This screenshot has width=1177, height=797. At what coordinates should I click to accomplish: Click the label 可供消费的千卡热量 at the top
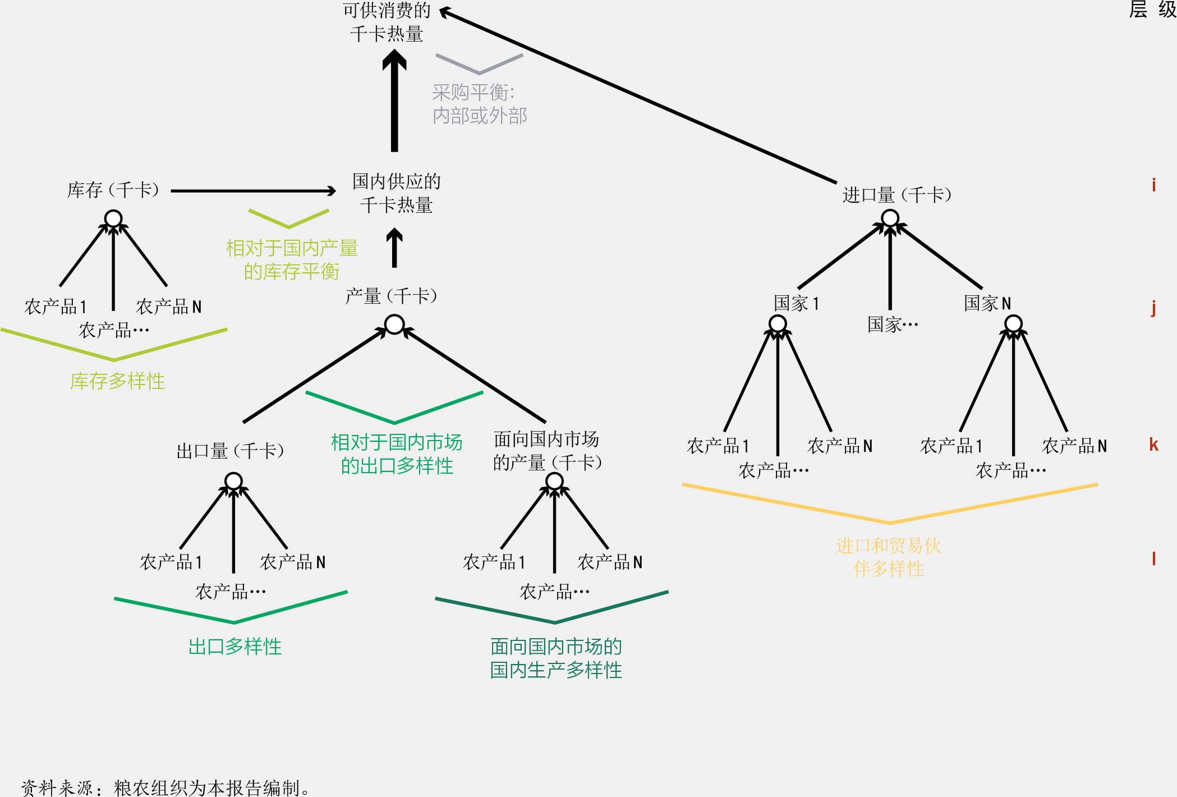[387, 22]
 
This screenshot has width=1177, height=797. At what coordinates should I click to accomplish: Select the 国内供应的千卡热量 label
[396, 193]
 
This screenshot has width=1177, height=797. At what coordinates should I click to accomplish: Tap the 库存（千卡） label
[113, 190]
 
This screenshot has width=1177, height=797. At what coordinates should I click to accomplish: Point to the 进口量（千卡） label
[896, 195]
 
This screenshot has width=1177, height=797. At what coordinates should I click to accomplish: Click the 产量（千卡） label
[391, 296]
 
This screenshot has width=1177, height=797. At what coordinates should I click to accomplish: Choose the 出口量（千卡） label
[230, 451]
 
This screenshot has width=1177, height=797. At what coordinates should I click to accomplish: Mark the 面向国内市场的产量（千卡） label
[547, 451]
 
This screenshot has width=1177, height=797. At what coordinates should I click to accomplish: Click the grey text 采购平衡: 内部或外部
[479, 104]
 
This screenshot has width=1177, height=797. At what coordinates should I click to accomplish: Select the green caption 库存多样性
[117, 381]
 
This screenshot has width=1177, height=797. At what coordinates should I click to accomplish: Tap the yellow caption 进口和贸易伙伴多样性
[889, 557]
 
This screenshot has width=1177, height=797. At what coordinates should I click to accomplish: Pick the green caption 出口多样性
[235, 647]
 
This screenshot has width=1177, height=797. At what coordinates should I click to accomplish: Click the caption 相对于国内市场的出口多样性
[397, 454]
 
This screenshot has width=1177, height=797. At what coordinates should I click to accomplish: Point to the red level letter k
[1153, 445]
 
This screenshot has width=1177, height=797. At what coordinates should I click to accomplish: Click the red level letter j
[1153, 308]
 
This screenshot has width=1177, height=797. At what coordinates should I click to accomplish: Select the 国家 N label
[987, 303]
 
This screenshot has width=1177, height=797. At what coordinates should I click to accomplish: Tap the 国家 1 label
[797, 303]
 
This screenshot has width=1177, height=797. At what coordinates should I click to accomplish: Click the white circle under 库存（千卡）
[113, 218]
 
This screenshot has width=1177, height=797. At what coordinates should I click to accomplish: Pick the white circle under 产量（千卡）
[394, 324]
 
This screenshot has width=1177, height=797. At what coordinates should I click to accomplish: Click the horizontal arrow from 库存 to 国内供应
[252, 191]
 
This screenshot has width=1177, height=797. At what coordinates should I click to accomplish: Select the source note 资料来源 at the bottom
[165, 787]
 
